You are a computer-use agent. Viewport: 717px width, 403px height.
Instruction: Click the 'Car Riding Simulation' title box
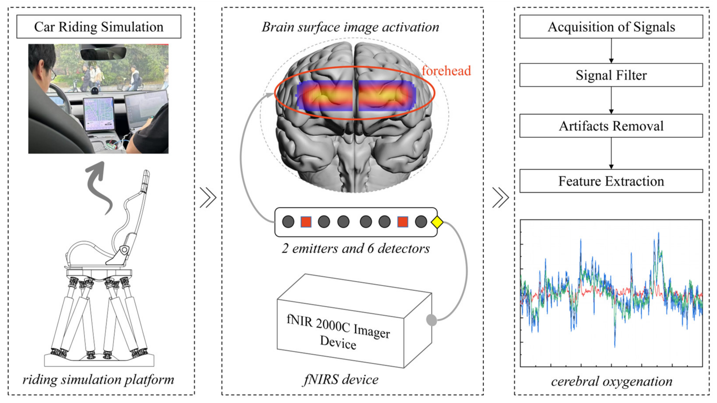[99, 27]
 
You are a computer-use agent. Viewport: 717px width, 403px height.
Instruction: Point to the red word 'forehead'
[446, 71]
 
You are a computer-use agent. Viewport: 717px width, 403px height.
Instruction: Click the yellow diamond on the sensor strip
[437, 222]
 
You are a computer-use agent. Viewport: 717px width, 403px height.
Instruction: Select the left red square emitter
[306, 222]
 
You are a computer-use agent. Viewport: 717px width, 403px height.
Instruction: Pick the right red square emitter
[402, 222]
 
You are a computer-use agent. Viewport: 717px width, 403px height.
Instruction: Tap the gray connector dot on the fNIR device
[431, 320]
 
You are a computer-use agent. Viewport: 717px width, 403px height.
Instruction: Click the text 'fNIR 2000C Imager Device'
[338, 332]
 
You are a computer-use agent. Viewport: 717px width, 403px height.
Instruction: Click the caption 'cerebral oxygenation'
[612, 381]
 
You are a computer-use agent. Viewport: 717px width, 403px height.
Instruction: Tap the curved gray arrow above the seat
[99, 187]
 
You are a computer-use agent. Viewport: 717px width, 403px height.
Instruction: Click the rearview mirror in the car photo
[103, 52]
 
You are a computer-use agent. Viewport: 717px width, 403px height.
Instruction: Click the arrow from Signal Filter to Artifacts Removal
[611, 100]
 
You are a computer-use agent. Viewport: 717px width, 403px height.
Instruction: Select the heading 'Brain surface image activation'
[350, 27]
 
